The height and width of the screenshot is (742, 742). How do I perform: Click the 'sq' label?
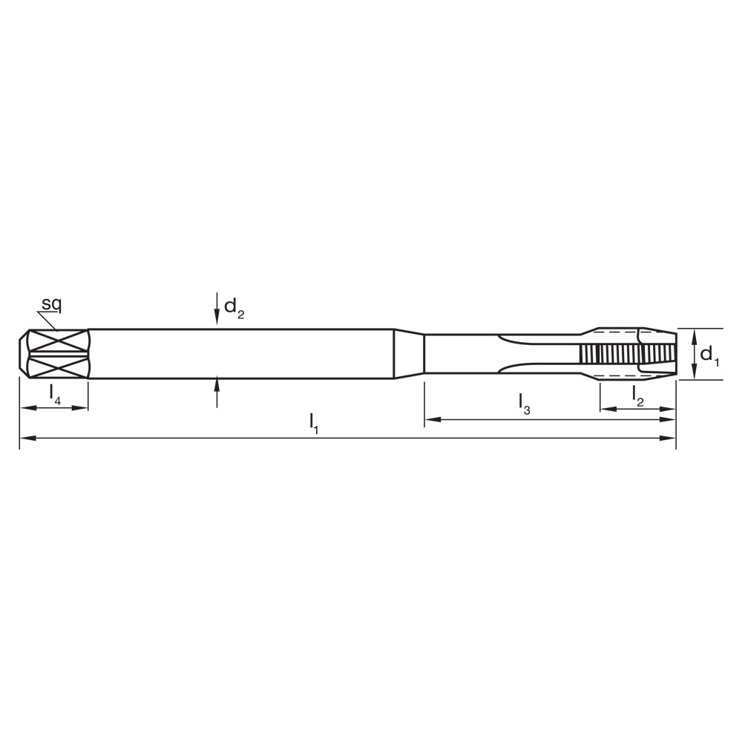pos(51,303)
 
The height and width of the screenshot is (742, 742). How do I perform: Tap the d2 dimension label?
pos(234,308)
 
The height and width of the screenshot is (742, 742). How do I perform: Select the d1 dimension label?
pos(709,355)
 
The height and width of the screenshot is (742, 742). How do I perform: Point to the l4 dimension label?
pos(55,394)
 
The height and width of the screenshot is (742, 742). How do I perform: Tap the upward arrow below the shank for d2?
pos(217,385)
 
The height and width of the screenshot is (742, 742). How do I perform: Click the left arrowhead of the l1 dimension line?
pos(25,439)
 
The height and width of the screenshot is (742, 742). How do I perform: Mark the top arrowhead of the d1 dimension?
pos(693,335)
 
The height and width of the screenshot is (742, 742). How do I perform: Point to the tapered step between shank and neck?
pos(408,354)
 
